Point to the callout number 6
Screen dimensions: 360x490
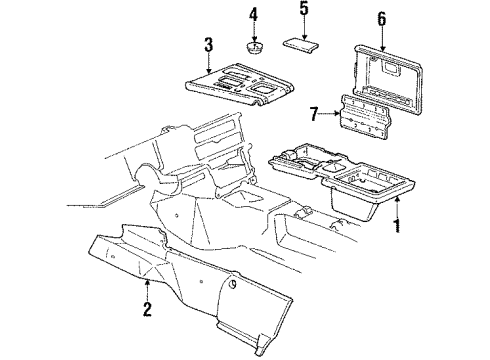pyautogui.click(x=381, y=18)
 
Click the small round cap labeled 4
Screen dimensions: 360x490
pyautogui.click(x=254, y=47)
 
